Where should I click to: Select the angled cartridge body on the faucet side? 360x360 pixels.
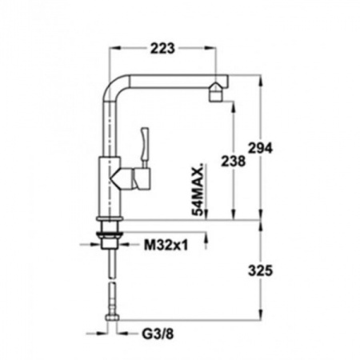coord(131,178)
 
